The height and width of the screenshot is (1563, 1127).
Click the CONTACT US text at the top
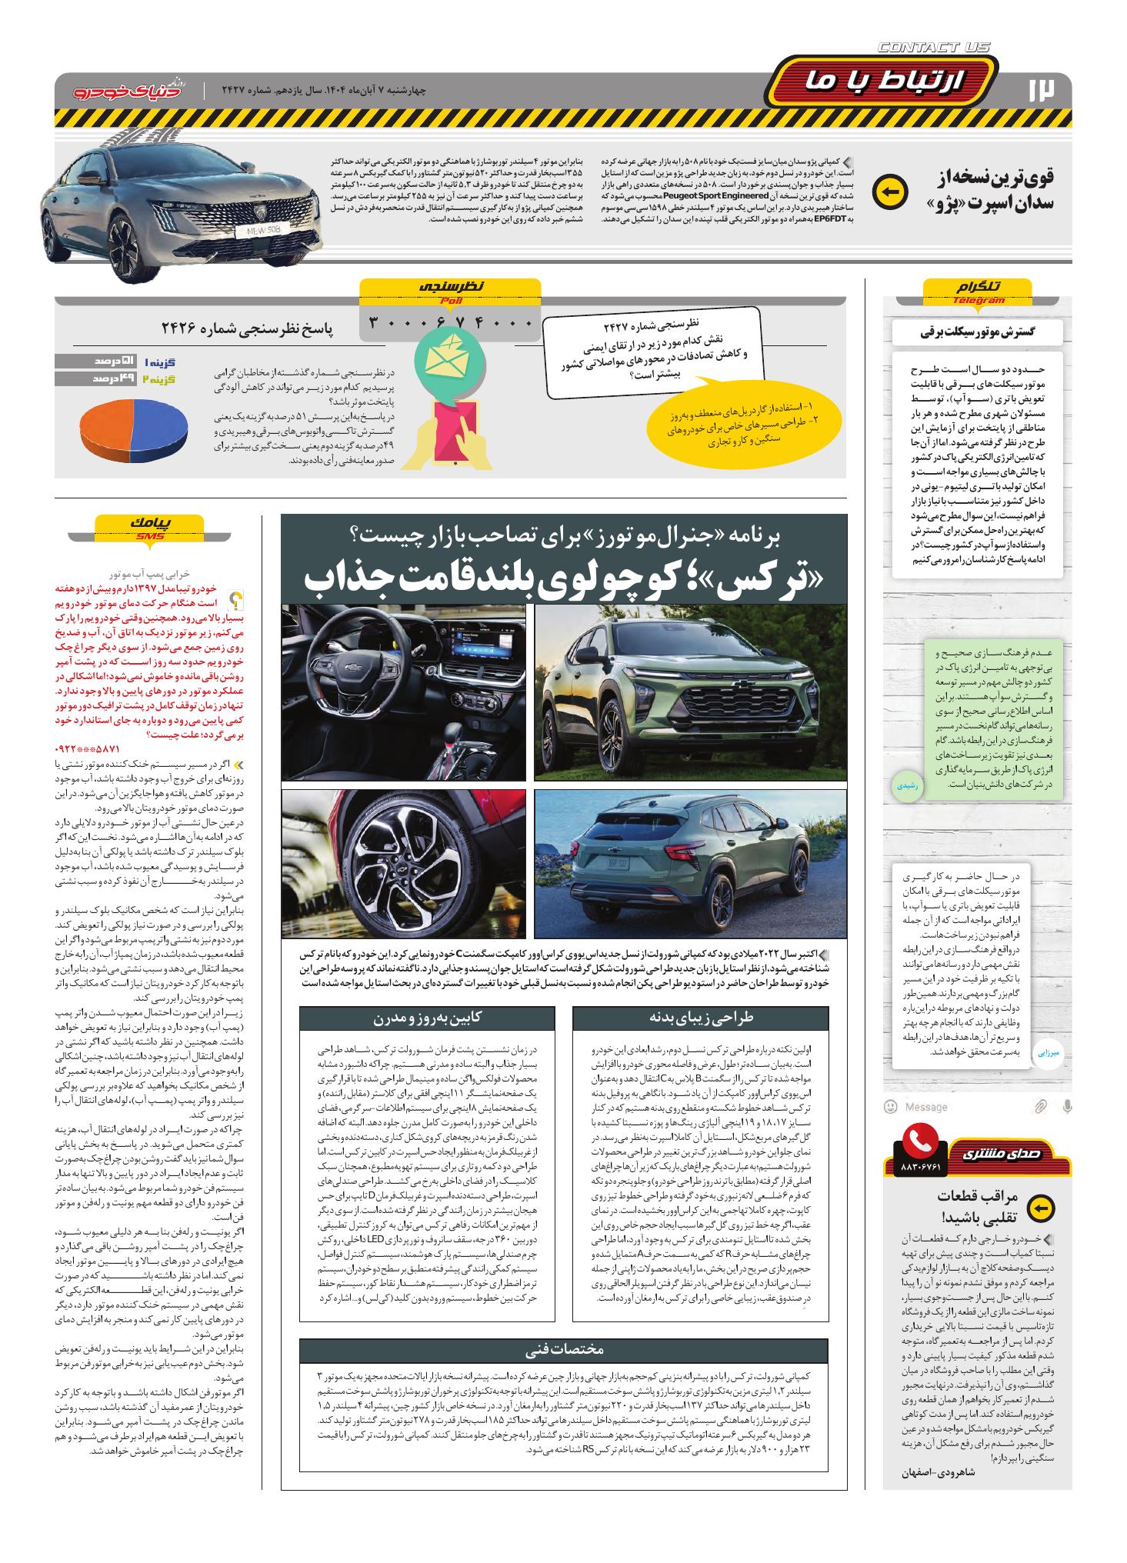pyautogui.click(x=933, y=47)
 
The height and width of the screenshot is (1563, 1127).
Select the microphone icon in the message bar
pyautogui.click(x=1067, y=1106)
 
